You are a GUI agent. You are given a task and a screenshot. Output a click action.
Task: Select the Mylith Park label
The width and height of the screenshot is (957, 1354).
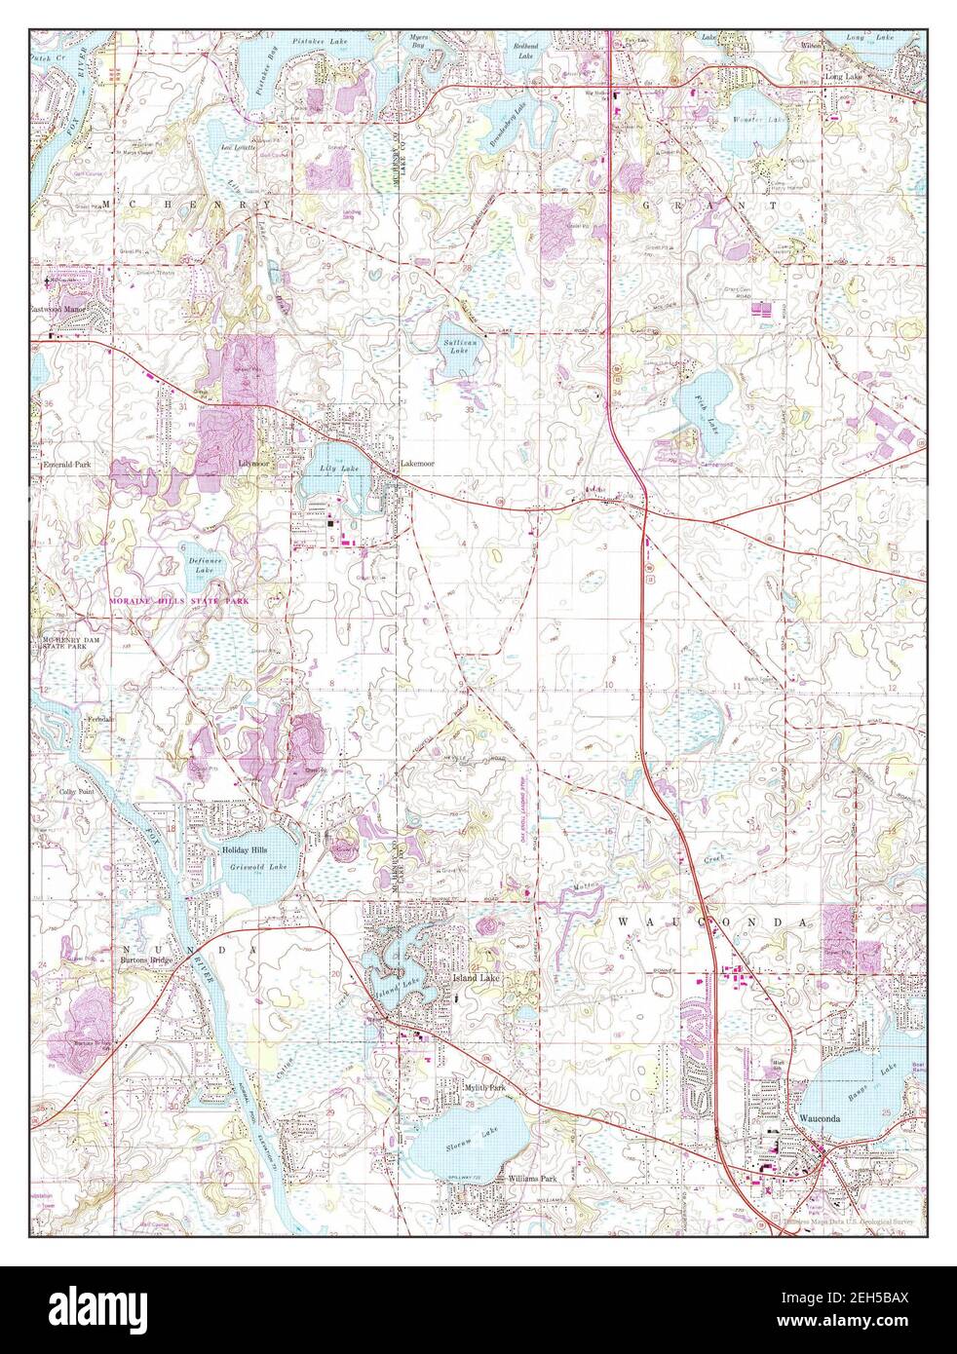[484, 1086]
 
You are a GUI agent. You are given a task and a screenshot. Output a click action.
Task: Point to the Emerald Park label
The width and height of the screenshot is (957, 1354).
[66, 466]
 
